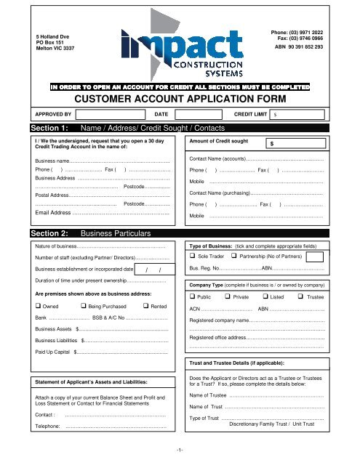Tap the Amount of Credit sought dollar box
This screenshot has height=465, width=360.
tap(298, 145)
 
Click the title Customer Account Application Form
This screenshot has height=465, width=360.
tap(180, 100)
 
